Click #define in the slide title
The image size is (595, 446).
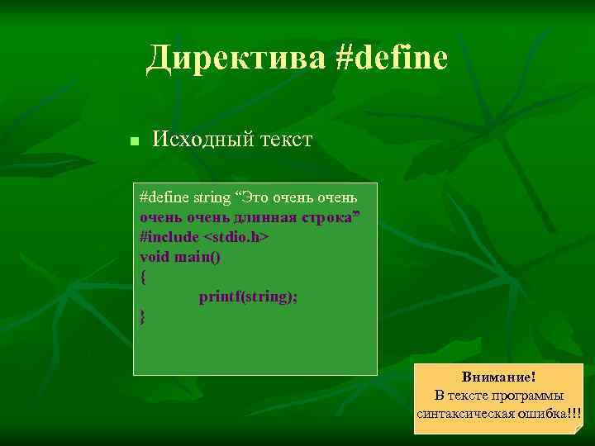point(392,58)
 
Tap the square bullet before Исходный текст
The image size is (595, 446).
point(134,142)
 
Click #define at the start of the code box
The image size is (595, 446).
point(164,198)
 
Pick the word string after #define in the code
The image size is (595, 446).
point(212,198)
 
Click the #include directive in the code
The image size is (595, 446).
point(169,237)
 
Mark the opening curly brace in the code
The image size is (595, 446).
point(144,278)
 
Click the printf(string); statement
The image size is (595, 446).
point(248,297)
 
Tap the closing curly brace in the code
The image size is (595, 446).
point(144,316)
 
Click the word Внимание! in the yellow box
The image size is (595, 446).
point(498,377)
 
